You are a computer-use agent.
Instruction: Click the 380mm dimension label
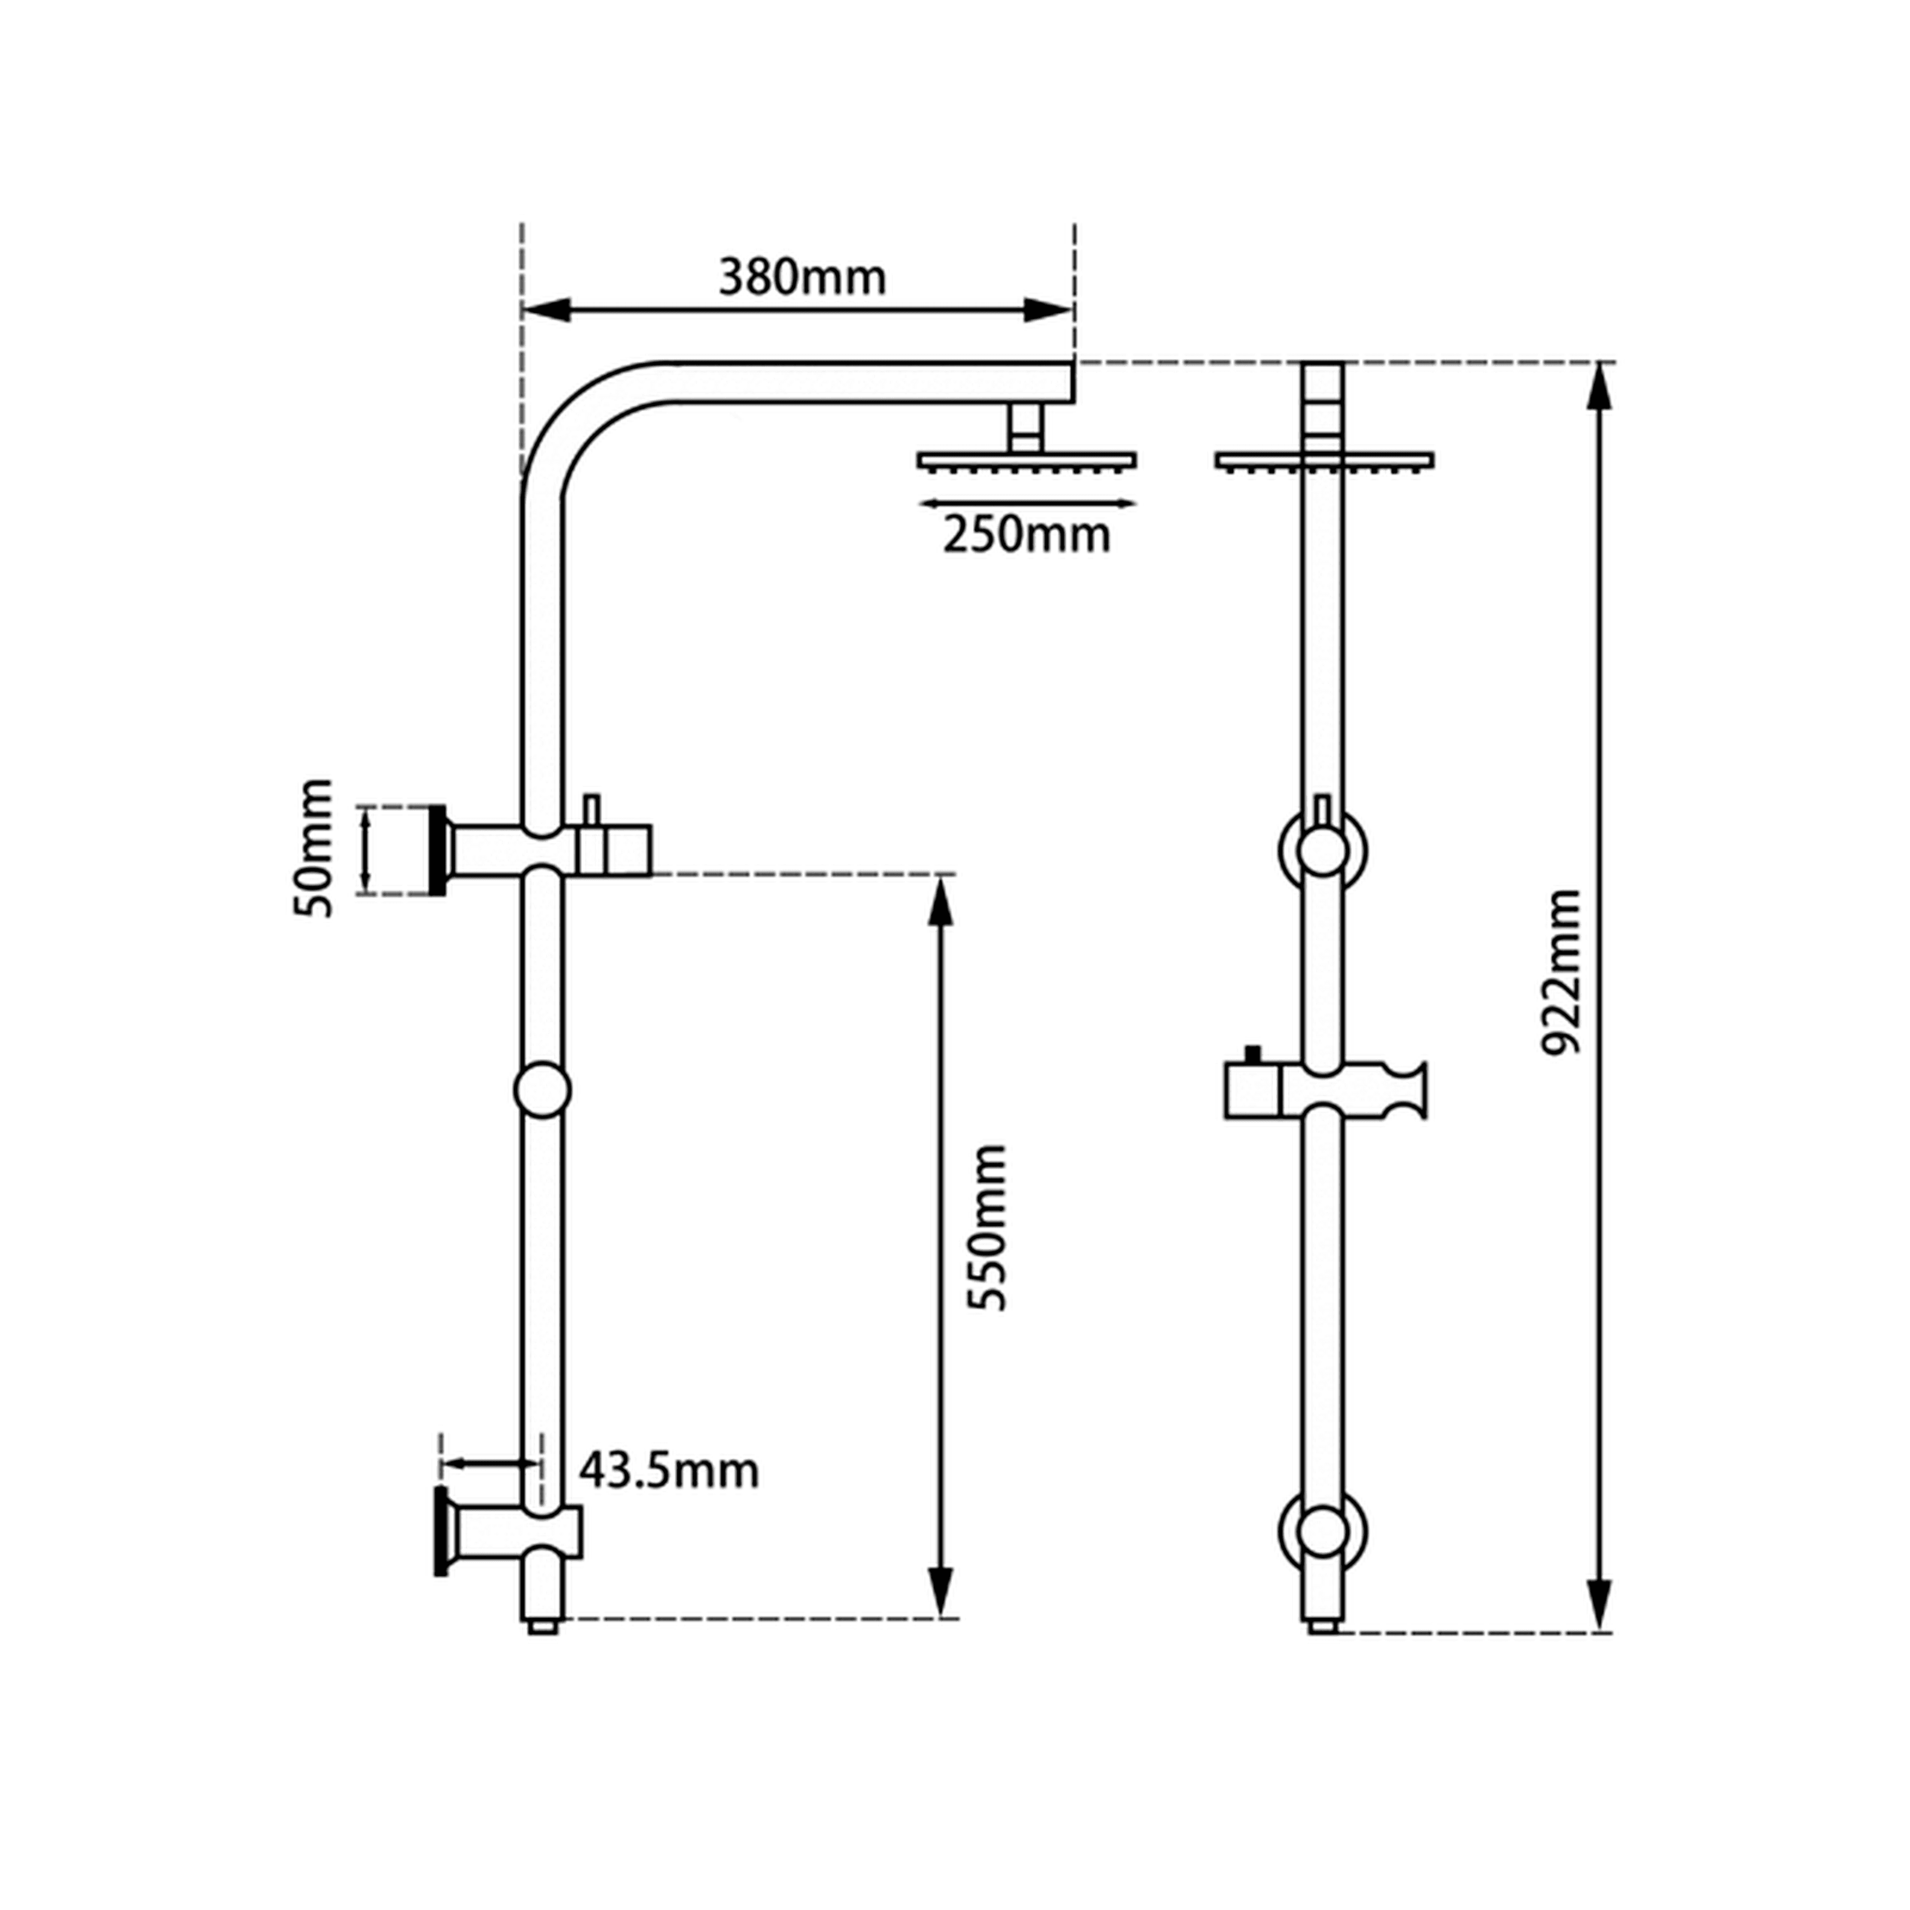[802, 278]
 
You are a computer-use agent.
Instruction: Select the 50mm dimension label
[313, 848]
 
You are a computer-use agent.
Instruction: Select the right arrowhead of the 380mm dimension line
[1048, 309]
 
